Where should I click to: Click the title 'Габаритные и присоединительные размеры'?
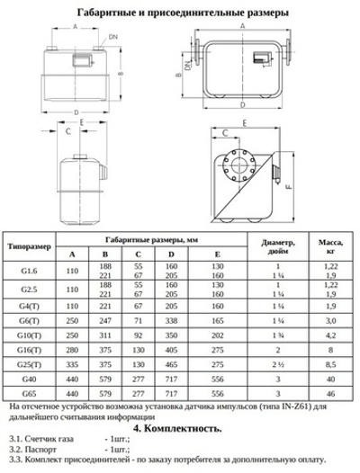(x=180, y=13)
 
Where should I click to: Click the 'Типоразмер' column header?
(x=34, y=245)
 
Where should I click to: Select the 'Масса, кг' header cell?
(x=330, y=245)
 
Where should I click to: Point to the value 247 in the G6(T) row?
(x=105, y=320)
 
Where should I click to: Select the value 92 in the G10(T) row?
(x=139, y=335)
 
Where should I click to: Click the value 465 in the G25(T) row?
(x=171, y=365)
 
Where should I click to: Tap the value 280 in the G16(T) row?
(x=74, y=350)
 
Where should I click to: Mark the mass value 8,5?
(x=330, y=365)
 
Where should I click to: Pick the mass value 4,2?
(x=330, y=335)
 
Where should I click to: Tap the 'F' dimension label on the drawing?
(x=289, y=190)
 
